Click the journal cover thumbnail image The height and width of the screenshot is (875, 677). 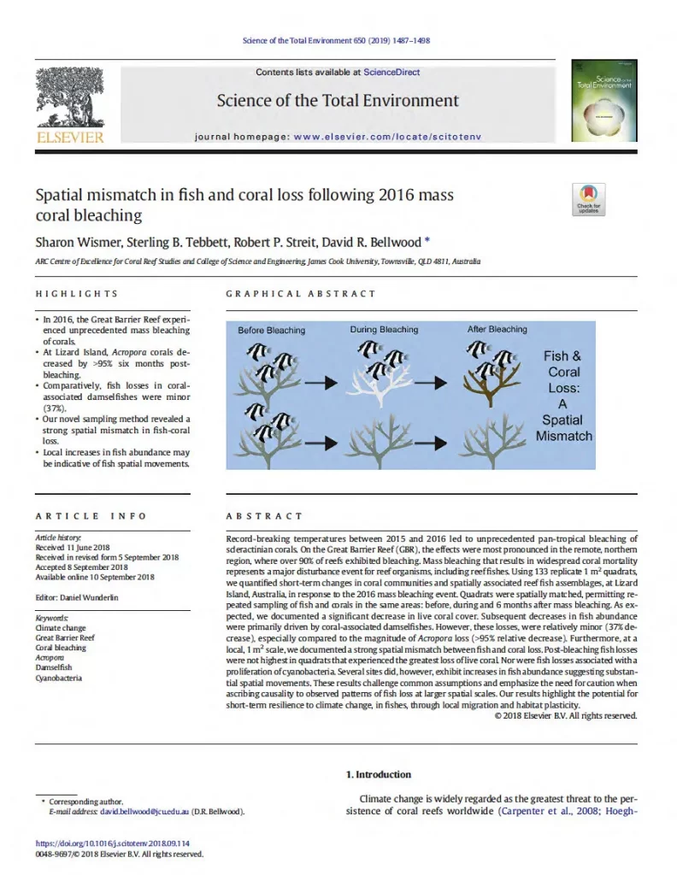pyautogui.click(x=603, y=100)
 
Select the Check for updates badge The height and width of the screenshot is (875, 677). pyautogui.click(x=588, y=199)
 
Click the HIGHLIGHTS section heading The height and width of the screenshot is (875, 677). pyautogui.click(x=77, y=294)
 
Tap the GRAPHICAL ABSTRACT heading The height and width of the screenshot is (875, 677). pyautogui.click(x=300, y=294)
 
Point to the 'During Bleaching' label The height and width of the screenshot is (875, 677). pyautogui.click(x=384, y=330)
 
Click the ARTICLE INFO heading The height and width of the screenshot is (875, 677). pyautogui.click(x=91, y=516)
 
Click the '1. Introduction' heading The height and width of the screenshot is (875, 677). pyautogui.click(x=378, y=775)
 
